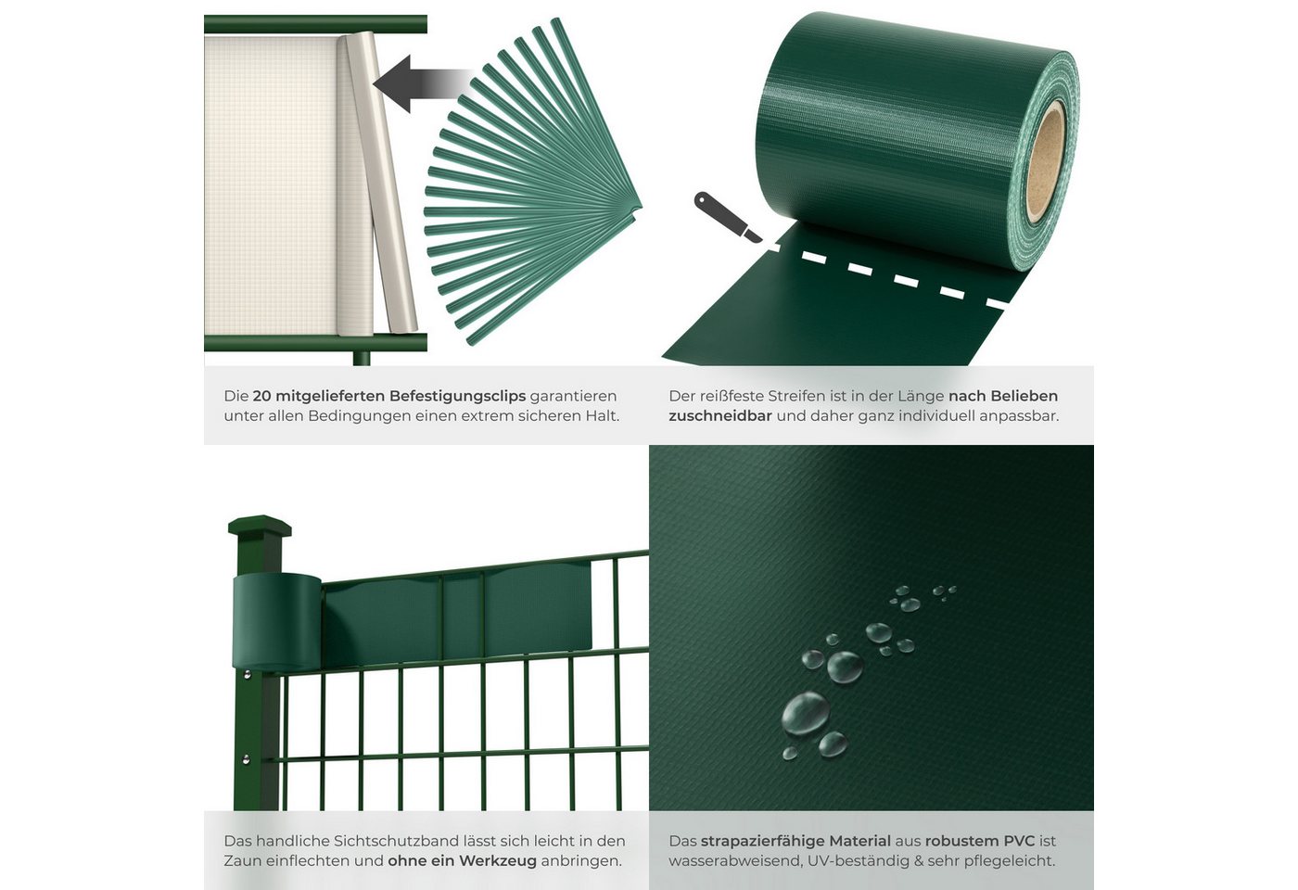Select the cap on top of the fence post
point(260,527)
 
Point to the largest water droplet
point(806,714)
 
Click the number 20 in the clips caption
point(261,397)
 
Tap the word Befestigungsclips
point(458,397)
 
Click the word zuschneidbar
point(720,416)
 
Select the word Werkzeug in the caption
point(497,861)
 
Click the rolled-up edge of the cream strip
point(378,183)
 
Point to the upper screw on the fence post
point(248,675)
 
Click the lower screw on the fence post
point(246,759)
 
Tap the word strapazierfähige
point(795,841)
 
